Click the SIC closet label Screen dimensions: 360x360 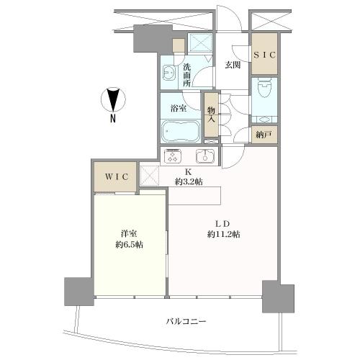[264, 55]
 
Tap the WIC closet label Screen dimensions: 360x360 [109, 176]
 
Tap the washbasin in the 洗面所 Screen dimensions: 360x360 [169, 73]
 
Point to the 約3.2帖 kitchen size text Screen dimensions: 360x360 [189, 181]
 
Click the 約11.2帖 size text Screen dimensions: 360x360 [222, 235]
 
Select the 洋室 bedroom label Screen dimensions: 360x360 [130, 233]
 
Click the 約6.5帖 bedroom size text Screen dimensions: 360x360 [130, 244]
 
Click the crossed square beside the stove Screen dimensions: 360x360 [148, 174]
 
